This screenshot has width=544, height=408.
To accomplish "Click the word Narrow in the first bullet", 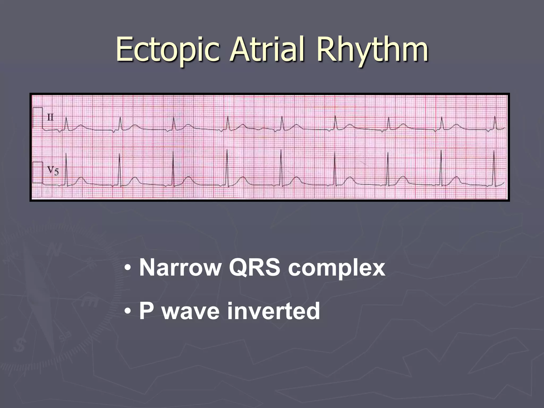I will [x=181, y=268].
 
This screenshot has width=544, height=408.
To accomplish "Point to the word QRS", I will [x=254, y=268].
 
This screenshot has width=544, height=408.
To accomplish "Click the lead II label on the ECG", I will [x=50, y=117].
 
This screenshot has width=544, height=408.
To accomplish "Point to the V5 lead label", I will [x=53, y=170].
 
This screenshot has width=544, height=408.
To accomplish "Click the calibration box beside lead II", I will [x=38, y=118].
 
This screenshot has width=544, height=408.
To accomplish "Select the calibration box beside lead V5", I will [x=38, y=172].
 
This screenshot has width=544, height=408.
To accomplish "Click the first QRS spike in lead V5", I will [x=66, y=170].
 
